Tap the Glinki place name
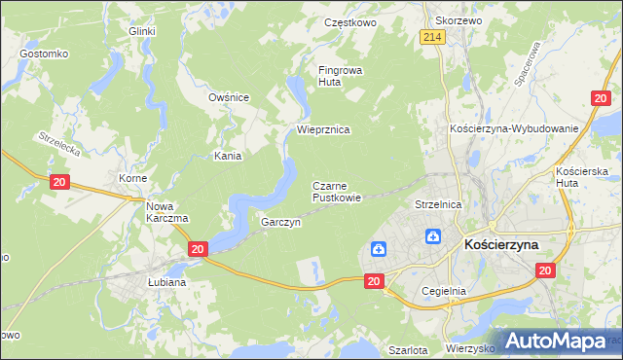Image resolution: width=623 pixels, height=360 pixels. (142, 31)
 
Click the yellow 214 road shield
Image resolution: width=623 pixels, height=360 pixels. (433, 37)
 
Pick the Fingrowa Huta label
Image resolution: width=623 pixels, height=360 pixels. (342, 76)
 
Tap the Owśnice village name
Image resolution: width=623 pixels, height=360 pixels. (230, 97)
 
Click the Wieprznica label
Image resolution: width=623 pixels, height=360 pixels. (322, 129)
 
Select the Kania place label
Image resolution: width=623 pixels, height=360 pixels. (228, 156)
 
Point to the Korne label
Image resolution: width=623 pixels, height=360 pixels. (132, 180)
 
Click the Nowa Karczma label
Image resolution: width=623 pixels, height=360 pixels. (165, 212)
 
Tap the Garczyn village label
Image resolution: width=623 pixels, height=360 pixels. (280, 222)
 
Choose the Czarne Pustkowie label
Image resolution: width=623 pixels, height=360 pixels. (337, 192)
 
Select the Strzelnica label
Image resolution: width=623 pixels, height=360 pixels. (437, 205)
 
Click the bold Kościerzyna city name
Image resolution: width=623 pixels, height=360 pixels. (515, 245)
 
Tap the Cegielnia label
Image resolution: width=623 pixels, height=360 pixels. (445, 291)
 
